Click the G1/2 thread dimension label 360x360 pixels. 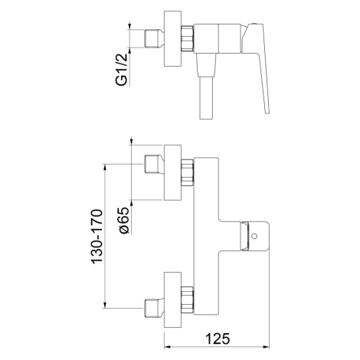point(122,69)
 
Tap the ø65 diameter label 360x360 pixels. point(124,220)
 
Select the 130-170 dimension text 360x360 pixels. point(97,237)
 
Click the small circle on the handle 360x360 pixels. point(254,236)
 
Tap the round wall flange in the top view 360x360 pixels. point(172,39)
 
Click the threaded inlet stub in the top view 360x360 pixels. point(154,38)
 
